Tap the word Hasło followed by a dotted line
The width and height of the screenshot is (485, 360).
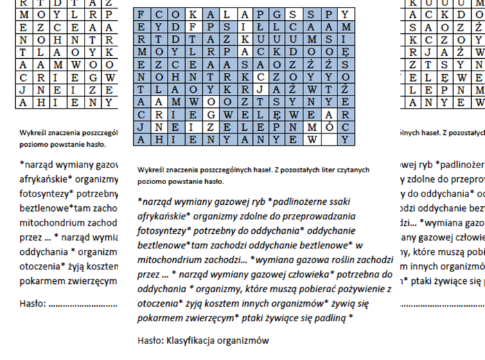[x=33, y=303]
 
